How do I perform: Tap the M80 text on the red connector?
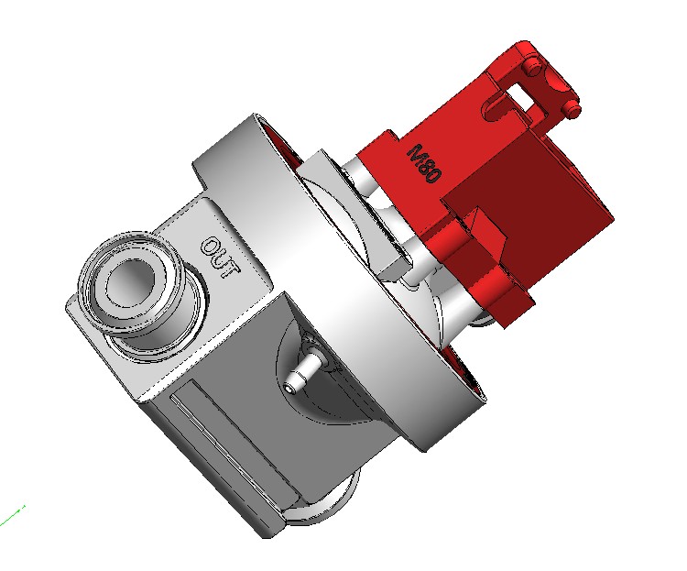[x=424, y=163]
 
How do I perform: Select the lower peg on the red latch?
[x=572, y=108]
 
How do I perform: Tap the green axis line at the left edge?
[x=12, y=516]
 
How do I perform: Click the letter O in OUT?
[x=212, y=247]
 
